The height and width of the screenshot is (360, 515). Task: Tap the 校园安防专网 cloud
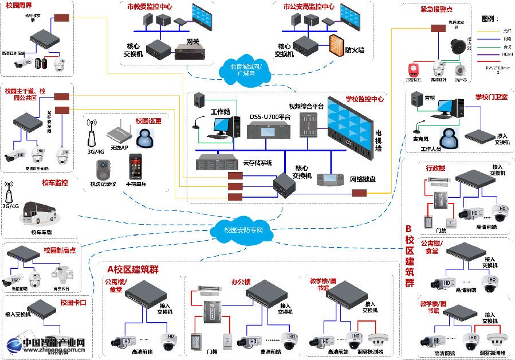[244, 229]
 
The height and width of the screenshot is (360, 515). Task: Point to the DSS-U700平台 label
[270, 117]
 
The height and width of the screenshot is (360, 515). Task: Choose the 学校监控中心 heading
[363, 99]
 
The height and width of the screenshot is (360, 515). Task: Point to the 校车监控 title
[54, 183]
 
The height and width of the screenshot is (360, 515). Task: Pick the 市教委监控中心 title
[150, 7]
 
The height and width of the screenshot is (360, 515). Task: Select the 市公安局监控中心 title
[309, 7]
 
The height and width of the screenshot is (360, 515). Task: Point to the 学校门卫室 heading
[491, 97]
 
